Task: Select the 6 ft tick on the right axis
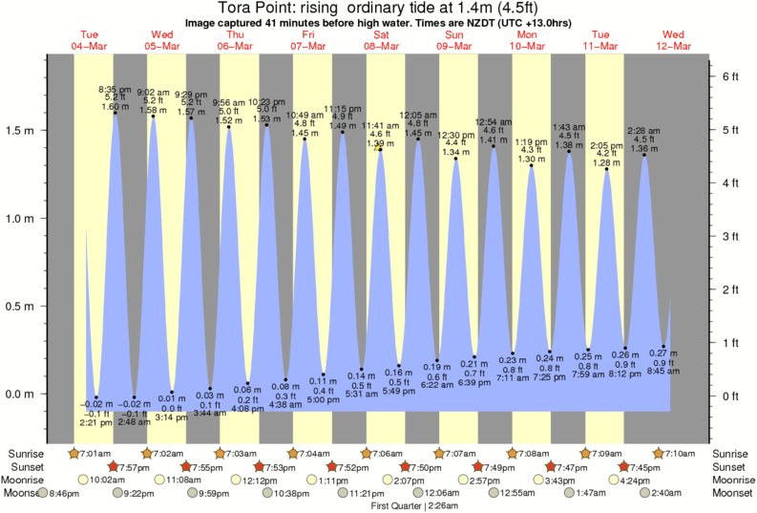(728, 75)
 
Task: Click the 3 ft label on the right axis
(728, 235)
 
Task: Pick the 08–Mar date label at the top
(382, 46)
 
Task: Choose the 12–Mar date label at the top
(674, 46)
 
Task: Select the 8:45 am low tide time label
(664, 372)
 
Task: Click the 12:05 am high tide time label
(418, 113)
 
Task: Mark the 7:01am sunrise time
(95, 453)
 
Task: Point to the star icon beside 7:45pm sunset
(624, 466)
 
